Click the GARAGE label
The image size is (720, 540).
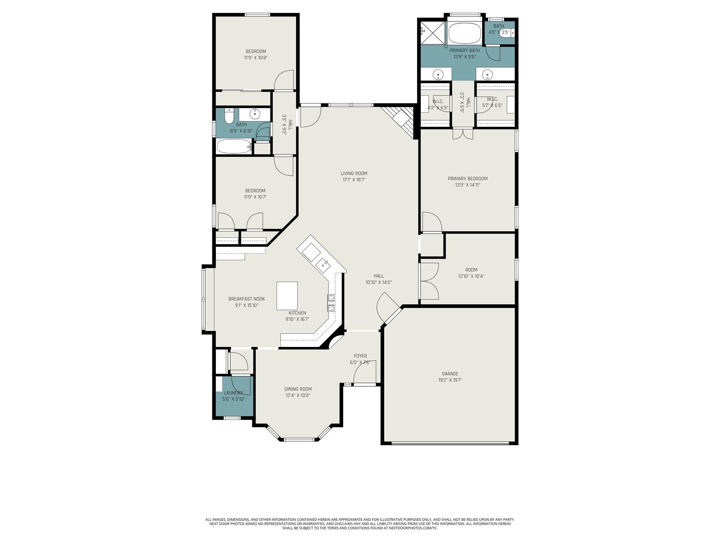click(450, 374)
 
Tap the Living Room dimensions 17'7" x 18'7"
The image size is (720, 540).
click(354, 180)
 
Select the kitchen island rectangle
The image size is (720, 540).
click(287, 296)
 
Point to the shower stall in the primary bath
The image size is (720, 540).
click(432, 33)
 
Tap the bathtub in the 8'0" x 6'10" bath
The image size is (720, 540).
click(234, 146)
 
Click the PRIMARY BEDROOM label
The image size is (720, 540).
click(467, 179)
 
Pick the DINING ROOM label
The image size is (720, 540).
click(298, 389)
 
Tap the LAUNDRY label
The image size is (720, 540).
click(233, 393)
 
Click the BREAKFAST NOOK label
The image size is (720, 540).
click(246, 299)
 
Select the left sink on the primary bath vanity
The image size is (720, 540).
click(438, 75)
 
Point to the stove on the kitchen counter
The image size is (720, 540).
click(331, 303)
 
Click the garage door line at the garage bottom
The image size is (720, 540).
click(450, 444)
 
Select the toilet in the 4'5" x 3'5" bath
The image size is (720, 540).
click(506, 33)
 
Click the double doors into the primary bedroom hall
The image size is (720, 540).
click(462, 134)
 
